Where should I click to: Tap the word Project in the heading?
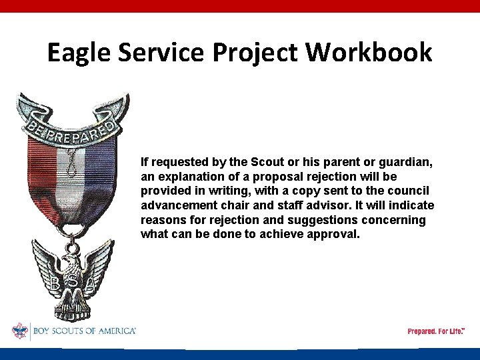pyautogui.click(x=259, y=52)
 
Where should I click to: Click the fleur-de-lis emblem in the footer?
pyautogui.click(x=20, y=331)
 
